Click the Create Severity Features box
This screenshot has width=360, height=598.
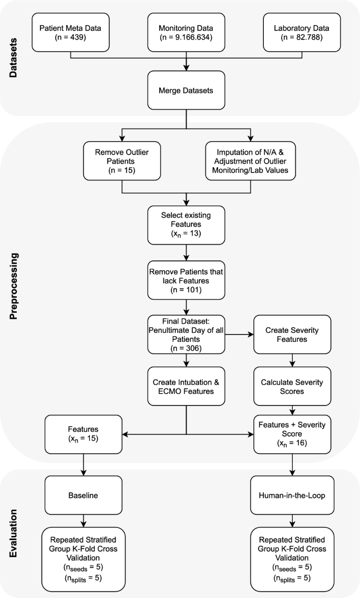292,334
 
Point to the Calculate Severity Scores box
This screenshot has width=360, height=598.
292,387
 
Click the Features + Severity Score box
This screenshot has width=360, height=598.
292,434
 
